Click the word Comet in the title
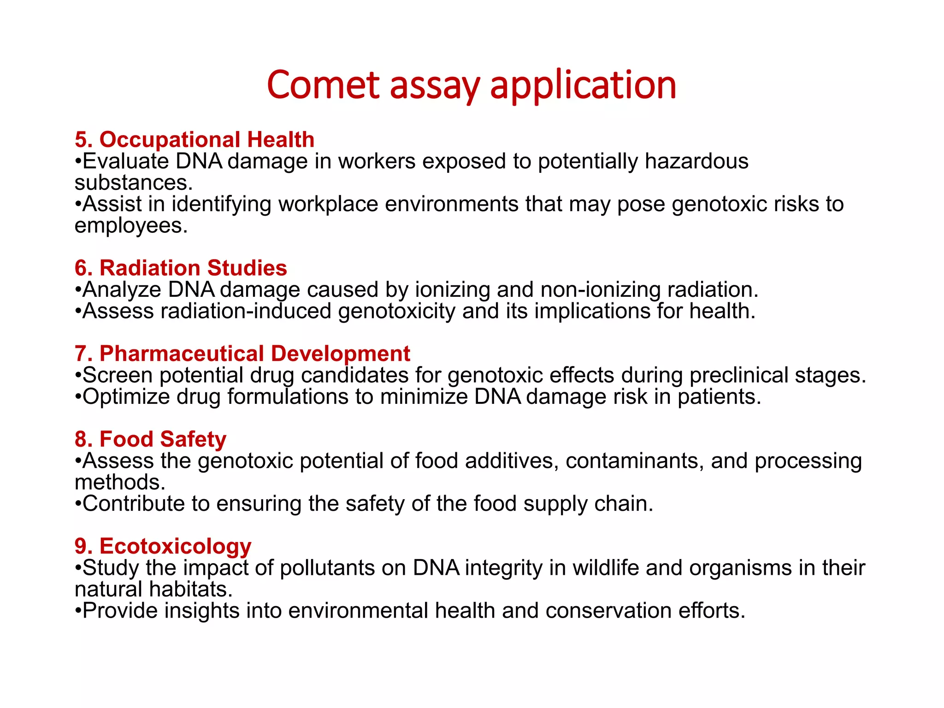pyautogui.click(x=323, y=85)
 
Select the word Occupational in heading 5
pyautogui.click(x=170, y=140)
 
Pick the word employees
pyautogui.click(x=131, y=226)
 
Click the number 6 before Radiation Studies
pyautogui.click(x=81, y=268)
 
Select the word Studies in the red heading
pyautogui.click(x=247, y=268)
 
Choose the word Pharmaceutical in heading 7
pyautogui.click(x=182, y=354)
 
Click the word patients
pyautogui.click(x=719, y=397)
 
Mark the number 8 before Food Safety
pyautogui.click(x=81, y=439)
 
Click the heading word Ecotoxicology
pyautogui.click(x=175, y=547)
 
